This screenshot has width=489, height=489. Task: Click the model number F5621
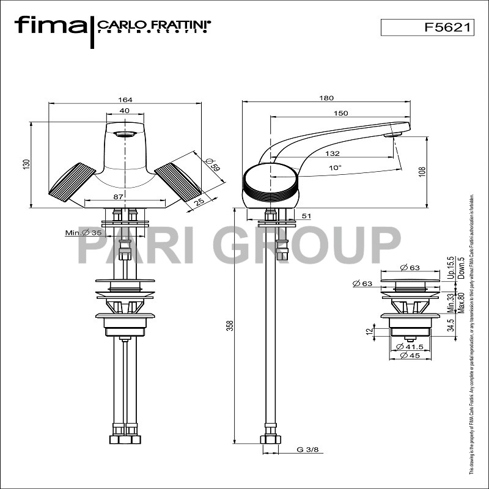pyautogui.click(x=441, y=28)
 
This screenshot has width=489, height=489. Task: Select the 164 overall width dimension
pyautogui.click(x=125, y=100)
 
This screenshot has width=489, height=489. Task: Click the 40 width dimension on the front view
pyautogui.click(x=125, y=111)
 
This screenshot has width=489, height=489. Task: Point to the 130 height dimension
pyautogui.click(x=26, y=164)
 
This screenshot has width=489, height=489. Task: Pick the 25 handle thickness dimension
pyautogui.click(x=199, y=201)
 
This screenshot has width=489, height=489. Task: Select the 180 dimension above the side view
pyautogui.click(x=326, y=98)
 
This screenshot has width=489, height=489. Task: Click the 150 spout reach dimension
pyautogui.click(x=341, y=113)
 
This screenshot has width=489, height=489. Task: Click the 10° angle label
pyautogui.click(x=335, y=166)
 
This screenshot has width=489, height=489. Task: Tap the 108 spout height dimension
pyautogui.click(x=421, y=172)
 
